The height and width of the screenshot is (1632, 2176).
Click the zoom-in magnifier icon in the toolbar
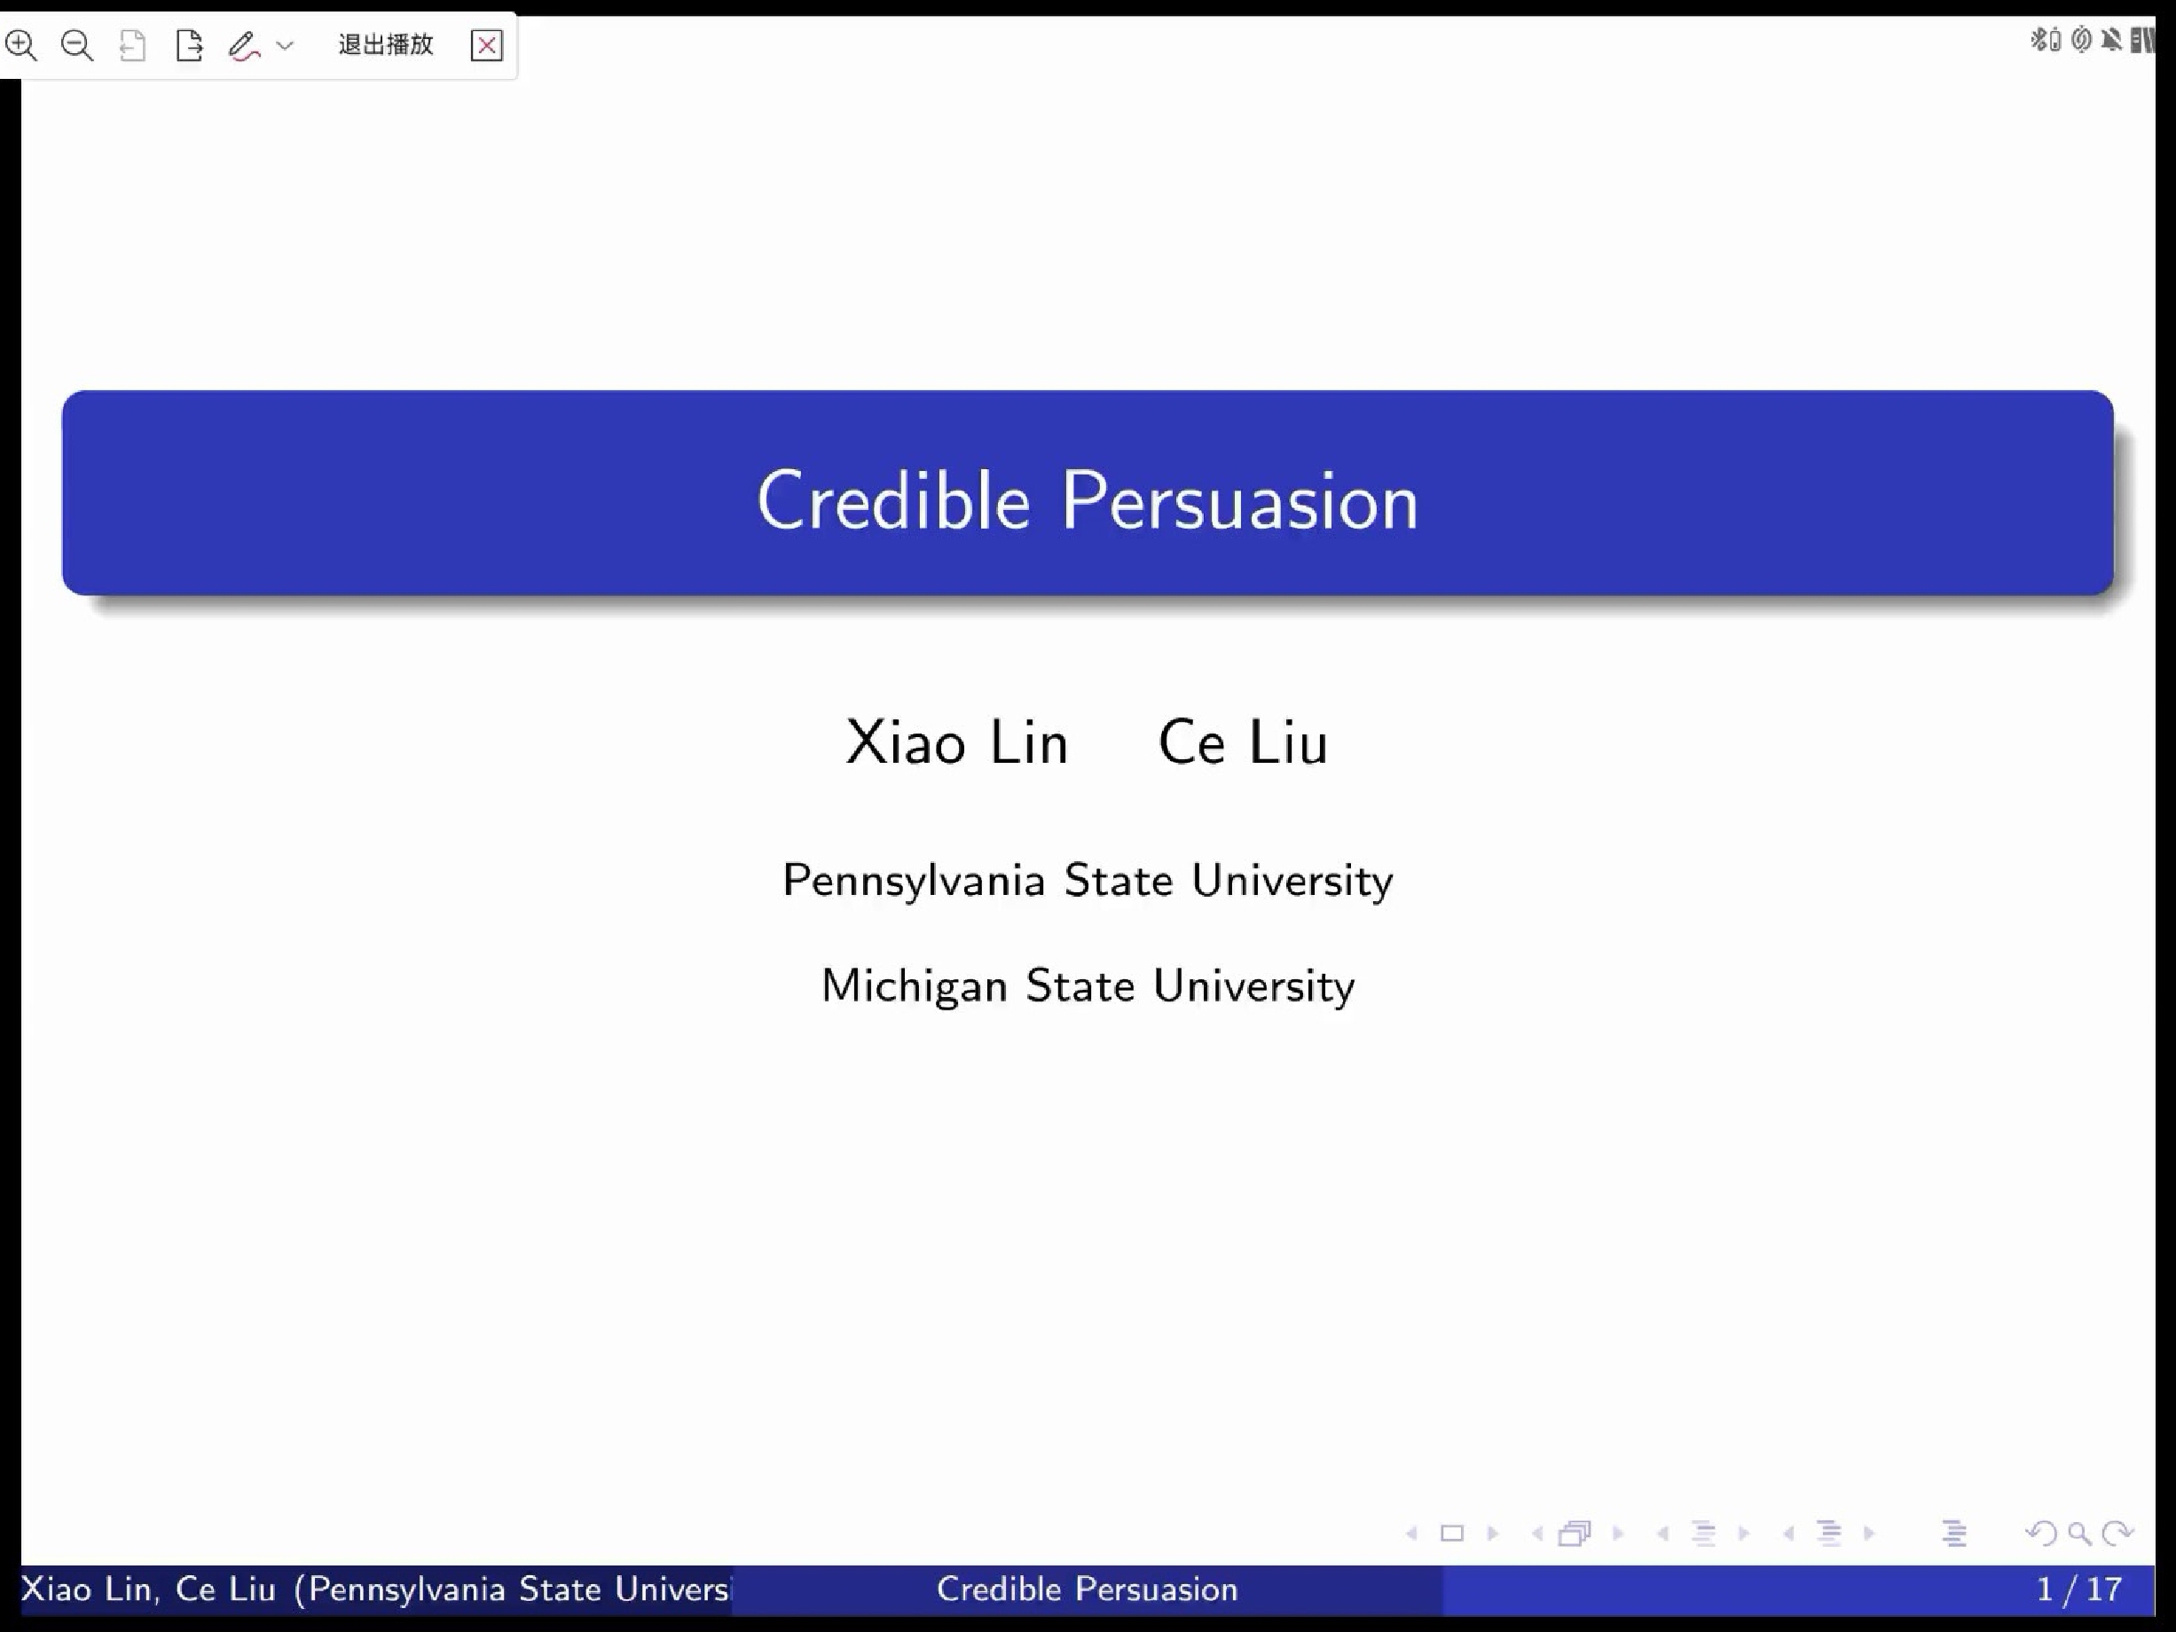point(21,45)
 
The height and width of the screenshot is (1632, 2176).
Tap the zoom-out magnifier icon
point(76,45)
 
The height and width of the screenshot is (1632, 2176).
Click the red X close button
point(487,45)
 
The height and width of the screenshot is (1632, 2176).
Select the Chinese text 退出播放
point(386,44)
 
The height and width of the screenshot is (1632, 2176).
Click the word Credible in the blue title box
point(893,501)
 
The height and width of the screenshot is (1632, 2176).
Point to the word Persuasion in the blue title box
point(1239,501)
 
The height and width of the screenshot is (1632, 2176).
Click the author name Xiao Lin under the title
point(956,741)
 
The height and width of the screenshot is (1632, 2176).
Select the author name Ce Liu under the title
point(1243,741)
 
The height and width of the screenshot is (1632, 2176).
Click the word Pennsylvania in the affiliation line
point(913,881)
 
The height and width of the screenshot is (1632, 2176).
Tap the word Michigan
point(914,985)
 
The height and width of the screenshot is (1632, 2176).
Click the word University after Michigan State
point(1253,985)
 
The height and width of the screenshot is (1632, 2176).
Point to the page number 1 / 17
point(2078,1589)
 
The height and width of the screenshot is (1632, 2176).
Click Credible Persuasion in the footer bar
point(1087,1589)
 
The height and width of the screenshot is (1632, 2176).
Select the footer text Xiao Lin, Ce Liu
point(148,1589)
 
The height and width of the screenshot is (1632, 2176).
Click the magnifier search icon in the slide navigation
point(2079,1534)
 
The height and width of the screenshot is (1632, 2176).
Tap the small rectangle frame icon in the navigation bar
point(1452,1534)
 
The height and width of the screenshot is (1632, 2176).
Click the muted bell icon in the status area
point(2111,39)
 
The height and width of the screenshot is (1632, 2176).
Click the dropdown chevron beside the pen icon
point(286,45)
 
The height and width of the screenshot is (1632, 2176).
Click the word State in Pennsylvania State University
point(1119,881)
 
